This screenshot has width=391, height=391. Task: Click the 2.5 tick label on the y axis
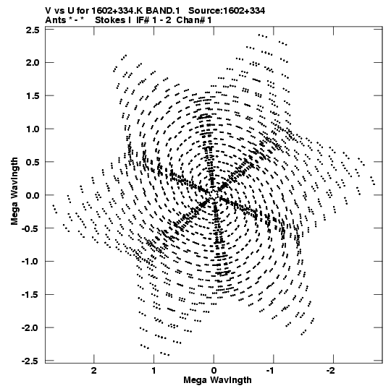[33, 30]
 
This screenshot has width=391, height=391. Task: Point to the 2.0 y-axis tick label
[33, 63]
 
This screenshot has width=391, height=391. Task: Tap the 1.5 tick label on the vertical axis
[33, 95]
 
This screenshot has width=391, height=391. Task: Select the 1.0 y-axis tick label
[33, 129]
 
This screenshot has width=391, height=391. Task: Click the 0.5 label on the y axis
[33, 162]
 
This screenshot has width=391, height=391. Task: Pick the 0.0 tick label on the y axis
[33, 195]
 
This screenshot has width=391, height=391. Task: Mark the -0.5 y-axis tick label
[30, 228]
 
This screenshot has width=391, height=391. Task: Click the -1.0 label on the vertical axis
[30, 262]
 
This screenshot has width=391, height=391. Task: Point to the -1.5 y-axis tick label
[30, 294]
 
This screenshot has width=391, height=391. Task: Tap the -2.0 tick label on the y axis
[30, 327]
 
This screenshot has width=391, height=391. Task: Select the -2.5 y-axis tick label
[30, 361]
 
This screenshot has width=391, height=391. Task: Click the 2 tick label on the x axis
[93, 371]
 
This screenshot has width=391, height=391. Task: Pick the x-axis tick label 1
[154, 371]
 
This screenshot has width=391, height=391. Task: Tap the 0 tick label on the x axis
[214, 371]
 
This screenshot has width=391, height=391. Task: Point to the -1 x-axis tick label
[272, 371]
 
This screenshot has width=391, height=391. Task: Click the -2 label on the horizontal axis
[332, 371]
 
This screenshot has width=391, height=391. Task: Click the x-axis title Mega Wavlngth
[217, 380]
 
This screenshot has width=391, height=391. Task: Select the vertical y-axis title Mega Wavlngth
[14, 191]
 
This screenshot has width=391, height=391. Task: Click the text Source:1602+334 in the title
[227, 11]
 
